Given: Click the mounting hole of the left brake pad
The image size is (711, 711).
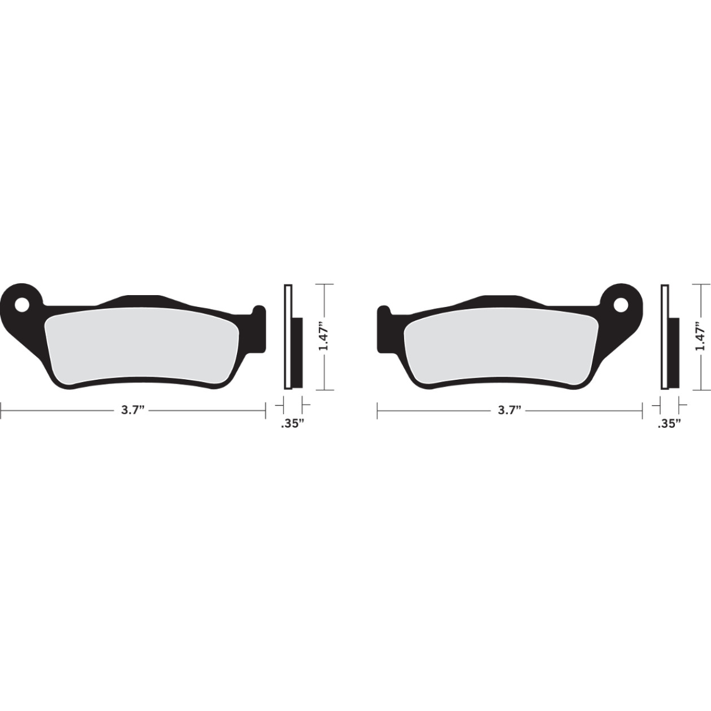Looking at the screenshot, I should pyautogui.click(x=23, y=305).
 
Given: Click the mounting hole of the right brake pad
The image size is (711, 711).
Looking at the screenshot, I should pyautogui.click(x=620, y=305).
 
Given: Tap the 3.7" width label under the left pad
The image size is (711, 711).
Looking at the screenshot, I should pyautogui.click(x=133, y=410).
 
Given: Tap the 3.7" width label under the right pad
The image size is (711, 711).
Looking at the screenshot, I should pyautogui.click(x=509, y=410).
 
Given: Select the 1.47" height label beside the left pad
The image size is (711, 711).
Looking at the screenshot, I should pyautogui.click(x=323, y=337).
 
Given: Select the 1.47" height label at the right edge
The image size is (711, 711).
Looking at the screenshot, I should pyautogui.click(x=700, y=337).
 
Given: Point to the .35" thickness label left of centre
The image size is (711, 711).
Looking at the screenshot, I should pyautogui.click(x=292, y=424).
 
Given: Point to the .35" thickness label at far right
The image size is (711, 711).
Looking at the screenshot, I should pyautogui.click(x=669, y=424).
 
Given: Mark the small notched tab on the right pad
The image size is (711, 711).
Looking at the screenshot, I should pyautogui.click(x=384, y=316).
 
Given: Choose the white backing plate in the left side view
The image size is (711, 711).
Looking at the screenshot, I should pyautogui.click(x=287, y=337).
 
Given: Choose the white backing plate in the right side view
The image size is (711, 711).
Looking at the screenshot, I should pyautogui.click(x=664, y=337).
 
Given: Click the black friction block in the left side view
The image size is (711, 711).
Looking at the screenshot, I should pyautogui.click(x=297, y=353).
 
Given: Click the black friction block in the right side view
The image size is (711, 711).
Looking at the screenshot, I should pyautogui.click(x=674, y=353).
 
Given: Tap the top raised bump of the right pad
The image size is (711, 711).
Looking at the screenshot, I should pyautogui.click(x=502, y=299).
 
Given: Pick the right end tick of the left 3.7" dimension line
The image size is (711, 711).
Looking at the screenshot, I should pyautogui.click(x=265, y=410).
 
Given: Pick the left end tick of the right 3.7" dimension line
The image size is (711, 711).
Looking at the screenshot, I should pyautogui.click(x=377, y=410).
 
